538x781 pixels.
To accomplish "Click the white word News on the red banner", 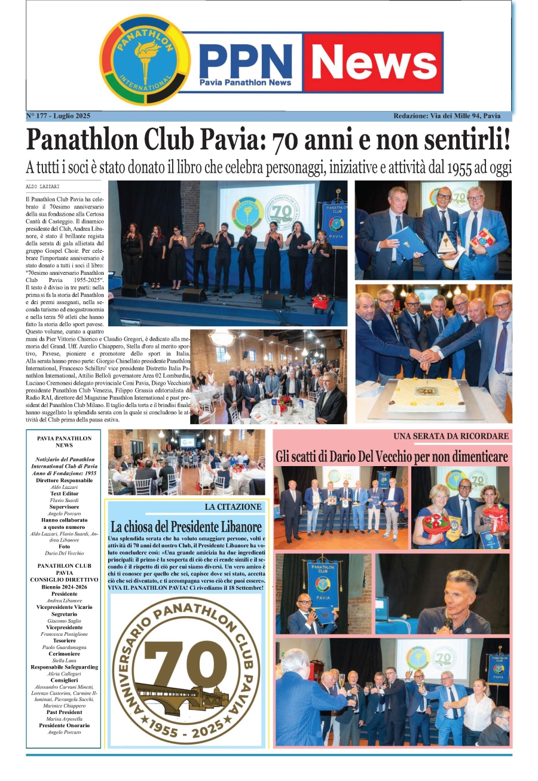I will point(374,62).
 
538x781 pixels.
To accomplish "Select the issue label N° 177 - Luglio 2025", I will point(58,115).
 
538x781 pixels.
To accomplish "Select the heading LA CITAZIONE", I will point(233,507).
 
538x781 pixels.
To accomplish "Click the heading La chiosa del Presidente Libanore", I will point(186,526).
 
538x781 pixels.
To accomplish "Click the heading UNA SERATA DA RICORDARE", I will point(451,436).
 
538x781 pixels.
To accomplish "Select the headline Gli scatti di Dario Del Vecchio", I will point(392,457).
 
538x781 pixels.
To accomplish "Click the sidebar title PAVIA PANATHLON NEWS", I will point(64,442).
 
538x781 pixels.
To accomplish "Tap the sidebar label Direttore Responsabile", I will point(64,480).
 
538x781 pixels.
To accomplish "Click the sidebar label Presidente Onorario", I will point(64,725).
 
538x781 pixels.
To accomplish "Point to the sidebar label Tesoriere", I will point(64,640).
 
